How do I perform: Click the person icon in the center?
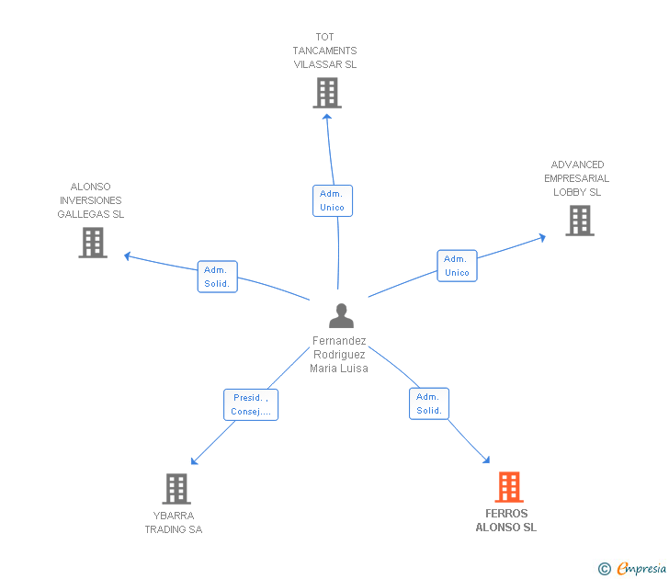point(341,315)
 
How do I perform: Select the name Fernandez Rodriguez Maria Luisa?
point(339,354)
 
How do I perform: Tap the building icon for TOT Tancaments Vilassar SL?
point(326,93)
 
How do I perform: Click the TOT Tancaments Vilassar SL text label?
point(325,51)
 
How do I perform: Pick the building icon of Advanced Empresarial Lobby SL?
point(579,221)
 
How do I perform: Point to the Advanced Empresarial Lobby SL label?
point(576,178)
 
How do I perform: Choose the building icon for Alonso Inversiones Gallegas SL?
point(93,243)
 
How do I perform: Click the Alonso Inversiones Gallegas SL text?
point(91,200)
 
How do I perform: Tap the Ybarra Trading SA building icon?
point(176,489)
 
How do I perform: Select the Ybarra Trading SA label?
point(173,522)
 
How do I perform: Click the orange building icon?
point(508,487)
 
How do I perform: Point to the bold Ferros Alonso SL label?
point(505,520)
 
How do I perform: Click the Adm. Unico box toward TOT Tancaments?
point(332,200)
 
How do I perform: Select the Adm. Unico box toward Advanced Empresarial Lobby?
point(457,266)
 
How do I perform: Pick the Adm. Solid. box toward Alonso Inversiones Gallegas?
point(218,277)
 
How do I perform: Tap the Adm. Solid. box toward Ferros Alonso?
point(429,403)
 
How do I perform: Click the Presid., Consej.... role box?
point(251,404)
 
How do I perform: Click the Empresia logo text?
point(641,569)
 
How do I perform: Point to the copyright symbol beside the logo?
point(604,569)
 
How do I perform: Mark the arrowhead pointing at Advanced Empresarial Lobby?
point(542,237)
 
